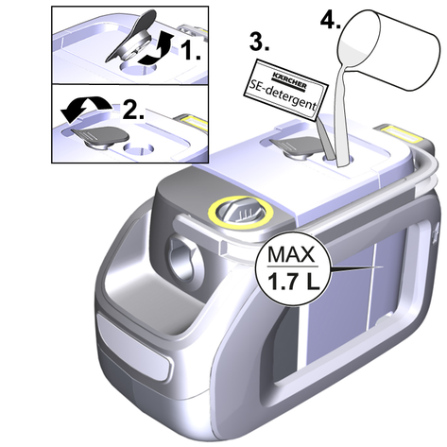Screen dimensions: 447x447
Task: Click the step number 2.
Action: coord(134,110)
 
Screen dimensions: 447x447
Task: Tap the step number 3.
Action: coord(259,42)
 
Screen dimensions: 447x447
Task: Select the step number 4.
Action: coord(331,20)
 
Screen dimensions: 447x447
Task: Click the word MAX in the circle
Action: coord(291,255)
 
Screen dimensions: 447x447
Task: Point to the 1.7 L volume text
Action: coord(293,282)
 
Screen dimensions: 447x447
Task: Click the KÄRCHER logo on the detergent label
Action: coord(290,80)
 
